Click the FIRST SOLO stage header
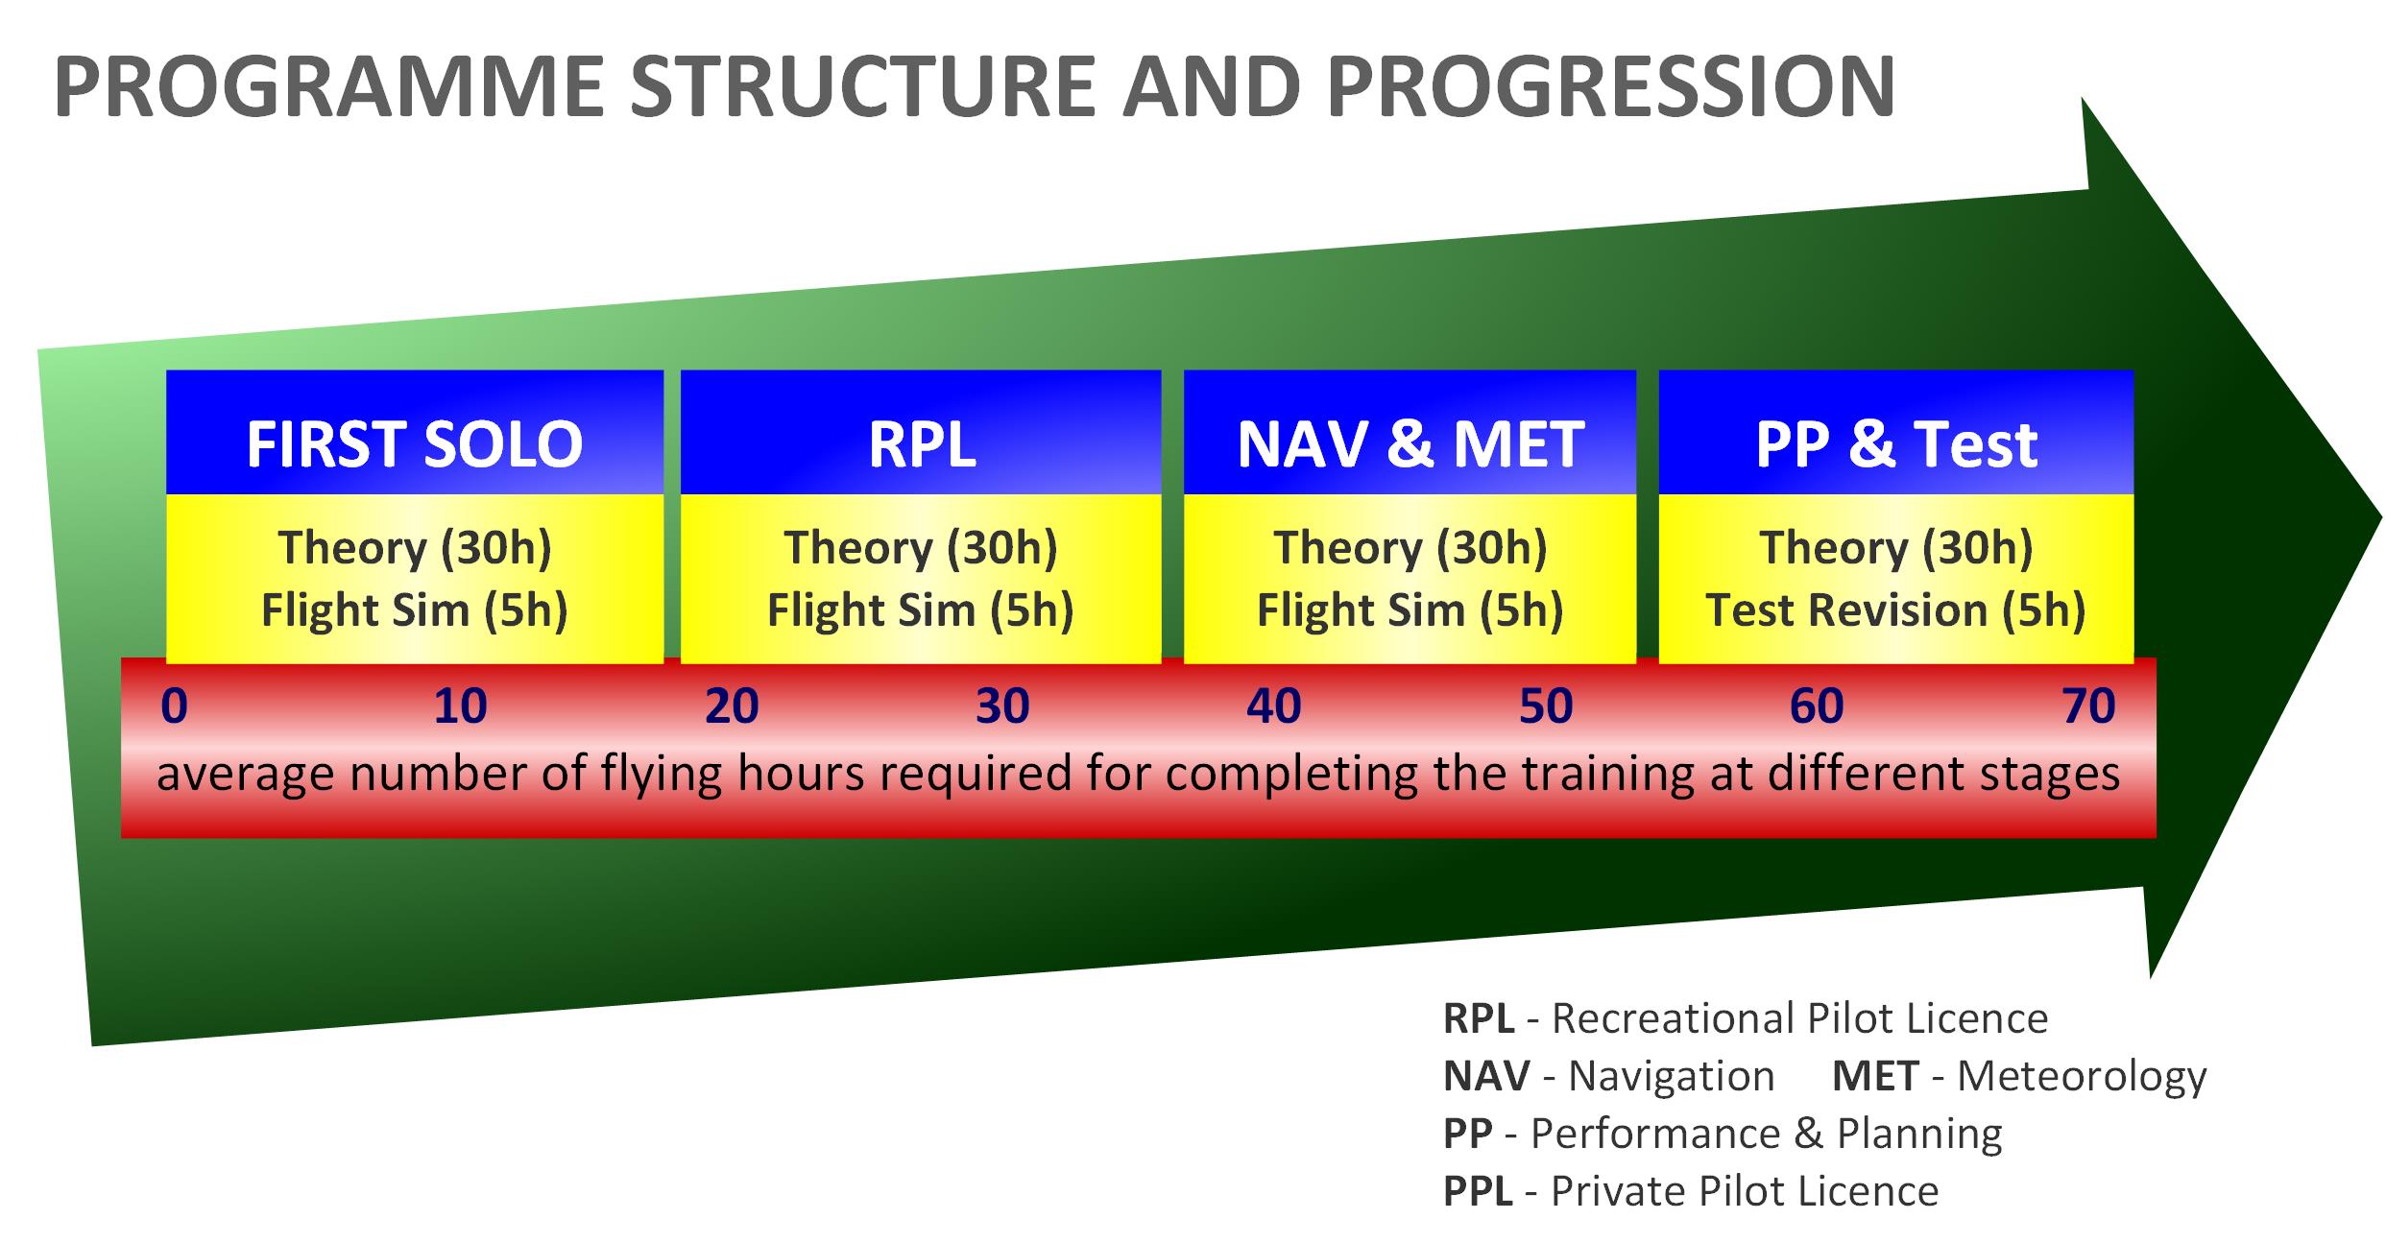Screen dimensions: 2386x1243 [415, 433]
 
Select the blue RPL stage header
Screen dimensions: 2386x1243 [921, 433]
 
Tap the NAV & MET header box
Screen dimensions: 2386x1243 [1410, 433]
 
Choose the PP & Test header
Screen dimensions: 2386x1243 [1896, 433]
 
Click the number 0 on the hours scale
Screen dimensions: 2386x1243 [175, 706]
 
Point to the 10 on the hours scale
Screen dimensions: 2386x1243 [460, 706]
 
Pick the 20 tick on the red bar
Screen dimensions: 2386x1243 [732, 706]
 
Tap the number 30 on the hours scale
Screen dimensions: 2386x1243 [1002, 706]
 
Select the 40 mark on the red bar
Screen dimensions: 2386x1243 [1273, 706]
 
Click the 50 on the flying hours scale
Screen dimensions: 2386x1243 [1546, 706]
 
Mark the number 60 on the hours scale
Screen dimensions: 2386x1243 [1817, 706]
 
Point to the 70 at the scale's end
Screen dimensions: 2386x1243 [2088, 706]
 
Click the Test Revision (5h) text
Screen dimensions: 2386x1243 [1896, 610]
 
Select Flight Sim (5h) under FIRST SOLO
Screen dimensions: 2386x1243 [415, 610]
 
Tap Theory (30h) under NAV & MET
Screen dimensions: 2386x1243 [1410, 548]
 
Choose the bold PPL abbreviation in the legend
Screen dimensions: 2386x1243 [1478, 1191]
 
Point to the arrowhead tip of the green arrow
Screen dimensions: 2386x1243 [2382, 520]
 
